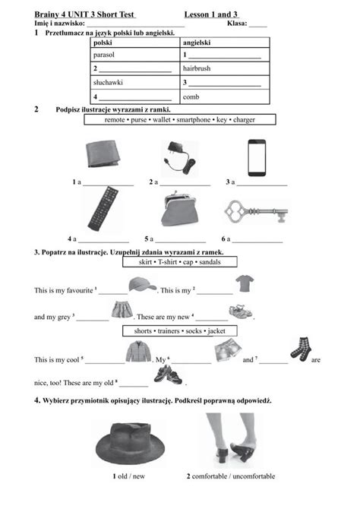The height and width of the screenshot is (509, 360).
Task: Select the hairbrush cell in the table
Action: point(197,68)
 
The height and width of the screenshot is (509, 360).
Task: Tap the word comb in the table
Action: point(190,97)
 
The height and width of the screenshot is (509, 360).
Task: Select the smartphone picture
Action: point(258,156)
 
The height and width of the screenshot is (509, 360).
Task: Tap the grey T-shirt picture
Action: point(244,285)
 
